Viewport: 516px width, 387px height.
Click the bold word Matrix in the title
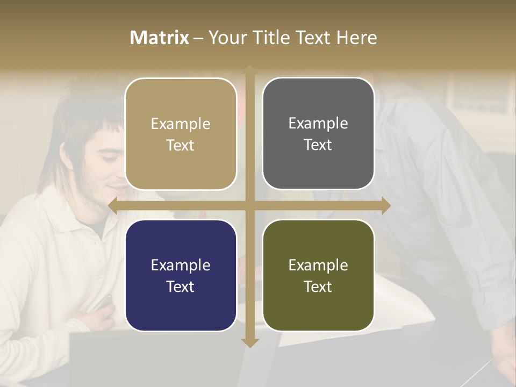pos(159,38)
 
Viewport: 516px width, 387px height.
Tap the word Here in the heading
pos(357,38)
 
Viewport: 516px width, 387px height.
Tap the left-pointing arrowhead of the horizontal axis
pos(112,205)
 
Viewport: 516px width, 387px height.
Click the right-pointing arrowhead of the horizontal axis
pos(386,205)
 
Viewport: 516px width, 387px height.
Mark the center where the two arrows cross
pos(249,205)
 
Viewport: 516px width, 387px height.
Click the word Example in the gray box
pos(318,123)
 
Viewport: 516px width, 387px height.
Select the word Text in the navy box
pos(181,286)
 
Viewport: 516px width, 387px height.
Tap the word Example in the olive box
pos(318,265)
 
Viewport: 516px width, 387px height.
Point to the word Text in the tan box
pos(181,145)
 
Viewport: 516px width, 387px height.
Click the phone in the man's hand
pos(103,303)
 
